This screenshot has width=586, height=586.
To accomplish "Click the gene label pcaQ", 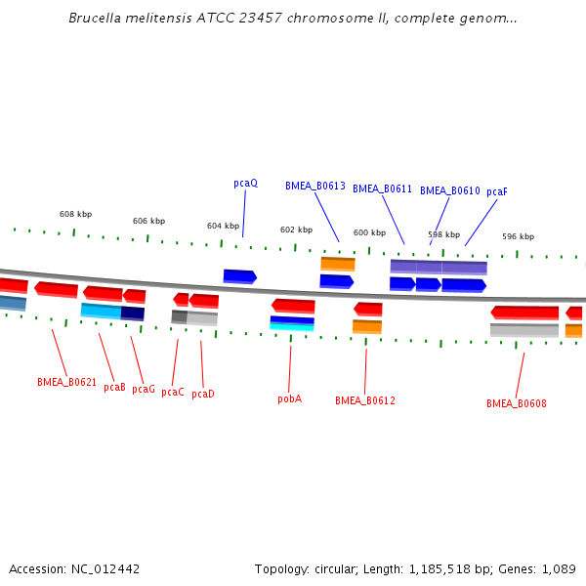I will click(245, 184).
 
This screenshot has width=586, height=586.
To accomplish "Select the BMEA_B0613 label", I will click(315, 186).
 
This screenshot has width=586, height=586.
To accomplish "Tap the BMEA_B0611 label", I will click(382, 189).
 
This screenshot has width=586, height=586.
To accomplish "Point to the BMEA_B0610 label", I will click(449, 191).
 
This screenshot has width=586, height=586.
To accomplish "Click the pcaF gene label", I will click(497, 191).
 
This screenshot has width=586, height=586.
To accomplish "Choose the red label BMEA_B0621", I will click(66, 382).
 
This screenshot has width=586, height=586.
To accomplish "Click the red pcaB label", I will click(114, 387).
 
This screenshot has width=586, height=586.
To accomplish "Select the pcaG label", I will click(144, 389).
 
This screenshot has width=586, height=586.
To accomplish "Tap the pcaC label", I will click(173, 392).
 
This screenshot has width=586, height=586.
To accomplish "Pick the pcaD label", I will click(203, 394).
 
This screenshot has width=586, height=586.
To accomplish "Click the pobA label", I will click(289, 398).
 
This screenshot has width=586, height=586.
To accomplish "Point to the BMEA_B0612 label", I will click(365, 400).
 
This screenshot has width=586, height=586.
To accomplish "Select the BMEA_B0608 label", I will click(517, 403).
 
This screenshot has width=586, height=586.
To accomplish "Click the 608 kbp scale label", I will click(75, 214).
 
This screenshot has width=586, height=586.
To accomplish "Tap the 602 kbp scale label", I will click(296, 230).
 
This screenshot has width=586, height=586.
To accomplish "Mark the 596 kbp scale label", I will click(518, 236).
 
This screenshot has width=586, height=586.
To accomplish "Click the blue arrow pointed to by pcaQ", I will click(239, 276).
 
